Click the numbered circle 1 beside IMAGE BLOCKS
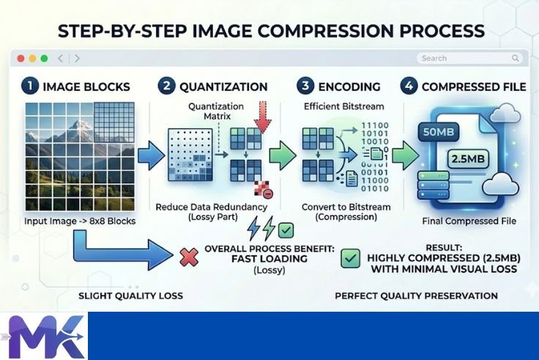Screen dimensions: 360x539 pos(30,86)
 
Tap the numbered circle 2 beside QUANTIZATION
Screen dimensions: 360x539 pos(168,86)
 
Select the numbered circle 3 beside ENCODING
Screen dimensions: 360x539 pos(305,86)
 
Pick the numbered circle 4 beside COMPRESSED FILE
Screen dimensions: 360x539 pos(409,86)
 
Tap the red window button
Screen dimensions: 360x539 pos(21,59)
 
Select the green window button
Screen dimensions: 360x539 pos(44,59)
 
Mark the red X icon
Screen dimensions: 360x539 pos(188,256)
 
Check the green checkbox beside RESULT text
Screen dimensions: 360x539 pos(351,258)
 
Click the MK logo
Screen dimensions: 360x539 pos(44,336)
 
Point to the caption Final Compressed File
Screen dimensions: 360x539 pos(469,221)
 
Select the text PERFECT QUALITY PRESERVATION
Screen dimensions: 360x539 pos(416,296)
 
